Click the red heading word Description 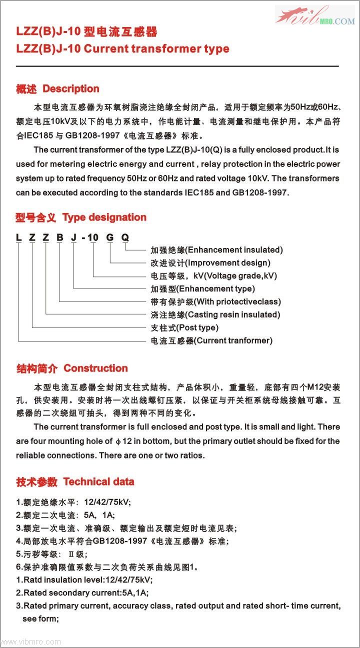pos(71,89)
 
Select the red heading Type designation pos(104,217)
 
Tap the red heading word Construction pos(95,368)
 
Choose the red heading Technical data pos(98,482)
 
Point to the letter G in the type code pos(109,237)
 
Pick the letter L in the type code pos(18,237)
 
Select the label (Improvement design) pos(227,262)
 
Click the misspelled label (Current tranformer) pos(232,340)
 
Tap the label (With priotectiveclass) pos(237,301)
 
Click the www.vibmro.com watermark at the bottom pos(31,641)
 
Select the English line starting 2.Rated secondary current pos(82,593)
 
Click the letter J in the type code pos(73,237)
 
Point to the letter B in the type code pos(59,237)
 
